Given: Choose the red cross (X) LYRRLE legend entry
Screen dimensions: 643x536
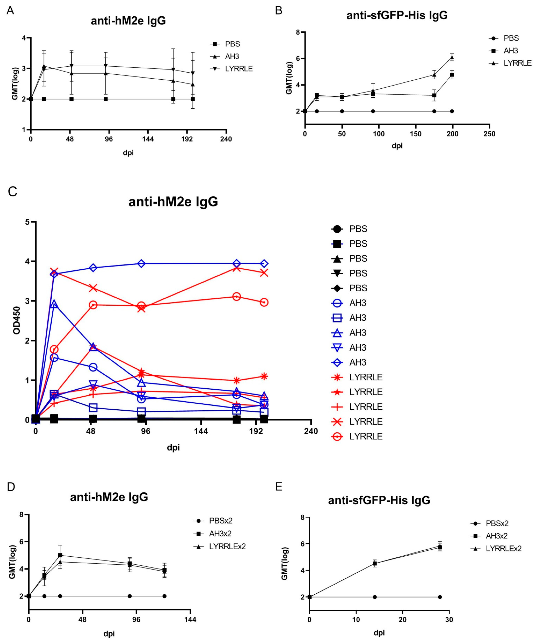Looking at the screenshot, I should pos(358,422).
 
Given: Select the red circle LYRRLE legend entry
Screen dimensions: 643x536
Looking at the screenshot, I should pos(358,436).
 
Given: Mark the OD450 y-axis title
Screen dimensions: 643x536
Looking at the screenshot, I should pos(17,321).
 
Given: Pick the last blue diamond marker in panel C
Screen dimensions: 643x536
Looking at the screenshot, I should pos(264,264).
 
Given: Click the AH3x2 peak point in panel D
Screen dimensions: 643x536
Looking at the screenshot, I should pos(60,555).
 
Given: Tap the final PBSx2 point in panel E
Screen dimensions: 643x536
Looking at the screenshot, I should pos(440,597).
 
